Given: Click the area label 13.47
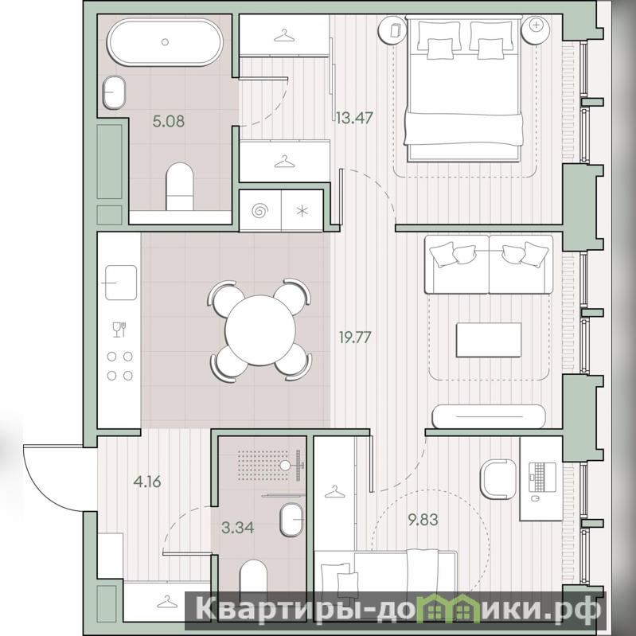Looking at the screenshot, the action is coord(354,118).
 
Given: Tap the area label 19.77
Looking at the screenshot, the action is coord(355,337).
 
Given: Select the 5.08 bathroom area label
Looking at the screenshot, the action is coord(168,121).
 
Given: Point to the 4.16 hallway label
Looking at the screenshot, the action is coord(147,482).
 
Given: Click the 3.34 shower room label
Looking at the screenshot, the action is coord(238,527).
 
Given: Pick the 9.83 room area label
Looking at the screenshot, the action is coord(423,520).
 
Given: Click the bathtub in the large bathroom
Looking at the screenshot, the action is coord(165,41).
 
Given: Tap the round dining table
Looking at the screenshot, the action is coord(260,330).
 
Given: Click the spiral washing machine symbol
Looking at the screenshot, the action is coord(260,211).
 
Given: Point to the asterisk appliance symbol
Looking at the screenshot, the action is coord(302,211).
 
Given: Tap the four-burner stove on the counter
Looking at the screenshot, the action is coord(119,366).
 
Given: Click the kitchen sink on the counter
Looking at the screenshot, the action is coord(120,283).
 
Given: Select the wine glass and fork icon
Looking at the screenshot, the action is coord(119,330).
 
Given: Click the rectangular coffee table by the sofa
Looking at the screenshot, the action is coord(489,340).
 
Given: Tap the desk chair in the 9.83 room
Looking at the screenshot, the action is coord(497,478).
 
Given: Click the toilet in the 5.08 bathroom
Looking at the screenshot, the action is coord(180,186).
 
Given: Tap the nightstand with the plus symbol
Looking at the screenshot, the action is coord(536,29).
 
